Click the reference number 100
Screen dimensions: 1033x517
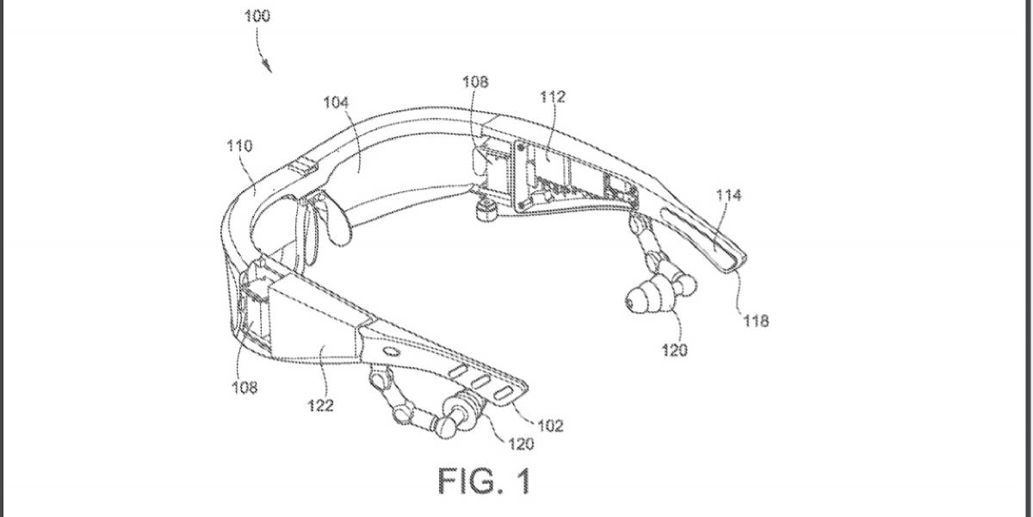pyautogui.click(x=257, y=16)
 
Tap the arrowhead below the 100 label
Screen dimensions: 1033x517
pyautogui.click(x=268, y=67)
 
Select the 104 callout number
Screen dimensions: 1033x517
pyautogui.click(x=336, y=103)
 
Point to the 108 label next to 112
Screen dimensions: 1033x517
pyautogui.click(x=475, y=82)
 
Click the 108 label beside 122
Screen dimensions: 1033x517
pyautogui.click(x=244, y=387)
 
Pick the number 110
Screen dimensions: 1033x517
pyautogui.click(x=240, y=146)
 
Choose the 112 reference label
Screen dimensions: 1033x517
pyautogui.click(x=553, y=97)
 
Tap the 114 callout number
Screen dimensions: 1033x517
pyautogui.click(x=728, y=196)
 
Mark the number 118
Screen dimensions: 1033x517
pyautogui.click(x=756, y=321)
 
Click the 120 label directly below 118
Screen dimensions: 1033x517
pyautogui.click(x=675, y=351)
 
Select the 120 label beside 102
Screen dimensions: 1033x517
pyautogui.click(x=521, y=444)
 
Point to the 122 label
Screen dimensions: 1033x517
pyautogui.click(x=320, y=406)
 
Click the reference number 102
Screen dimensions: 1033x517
pyautogui.click(x=551, y=426)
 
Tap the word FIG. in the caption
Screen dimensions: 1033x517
pyautogui.click(x=470, y=481)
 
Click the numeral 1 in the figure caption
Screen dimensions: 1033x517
pyautogui.click(x=523, y=481)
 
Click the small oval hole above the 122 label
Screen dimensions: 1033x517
pyautogui.click(x=391, y=352)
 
